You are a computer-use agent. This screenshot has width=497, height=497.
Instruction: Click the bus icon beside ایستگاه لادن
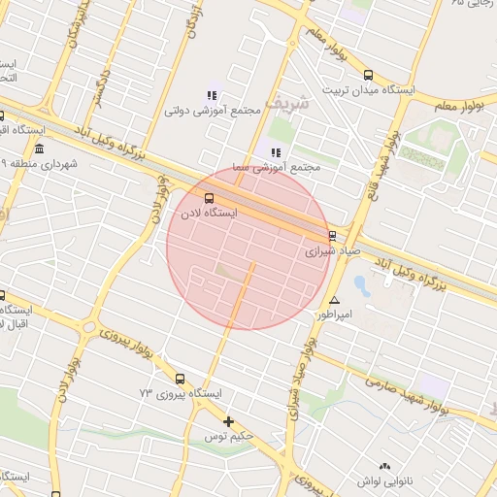pos(212,200)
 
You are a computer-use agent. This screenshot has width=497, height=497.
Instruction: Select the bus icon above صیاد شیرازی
pos(332,236)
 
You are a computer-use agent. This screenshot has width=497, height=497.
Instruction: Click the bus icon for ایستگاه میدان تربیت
pos(367,75)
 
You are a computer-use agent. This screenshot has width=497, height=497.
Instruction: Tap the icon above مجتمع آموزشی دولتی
pos(212,95)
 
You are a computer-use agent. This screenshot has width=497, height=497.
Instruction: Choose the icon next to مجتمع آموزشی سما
pos(276,152)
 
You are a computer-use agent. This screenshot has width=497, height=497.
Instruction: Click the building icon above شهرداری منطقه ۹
pos(39,149)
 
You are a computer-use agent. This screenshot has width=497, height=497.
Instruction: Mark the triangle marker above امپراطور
pos(335,300)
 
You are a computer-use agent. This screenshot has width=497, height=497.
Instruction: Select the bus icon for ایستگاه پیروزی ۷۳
pos(180,379)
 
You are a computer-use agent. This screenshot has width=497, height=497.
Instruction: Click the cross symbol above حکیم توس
pos(229,421)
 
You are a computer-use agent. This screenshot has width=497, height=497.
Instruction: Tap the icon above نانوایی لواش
pos(385,467)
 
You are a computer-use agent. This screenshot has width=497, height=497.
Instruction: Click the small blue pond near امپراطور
pos(361,285)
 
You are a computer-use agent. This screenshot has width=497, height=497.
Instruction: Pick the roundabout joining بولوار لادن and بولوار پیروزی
pos(89,328)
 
